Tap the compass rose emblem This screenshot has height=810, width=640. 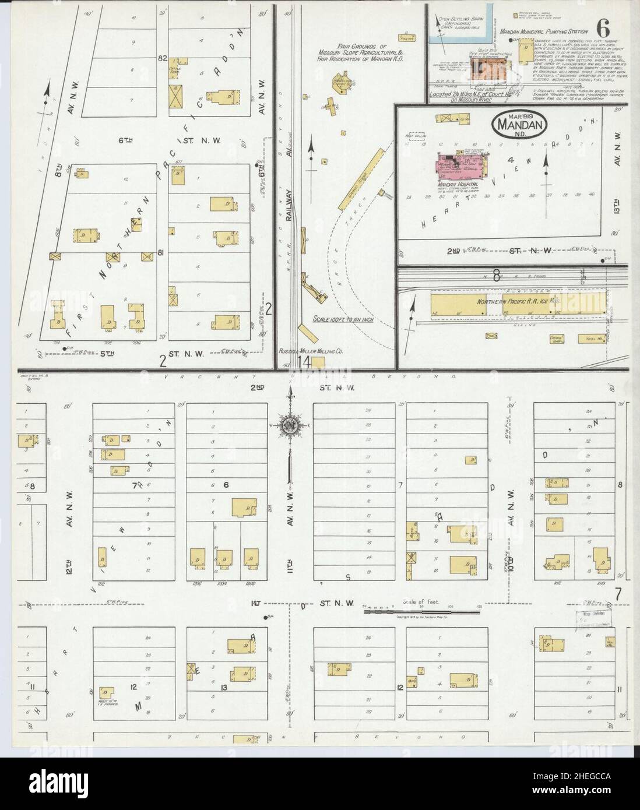tap(288, 424)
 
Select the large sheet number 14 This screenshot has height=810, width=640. tap(304, 361)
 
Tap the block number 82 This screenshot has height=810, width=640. tap(163, 59)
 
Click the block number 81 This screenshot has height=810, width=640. tap(160, 253)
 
